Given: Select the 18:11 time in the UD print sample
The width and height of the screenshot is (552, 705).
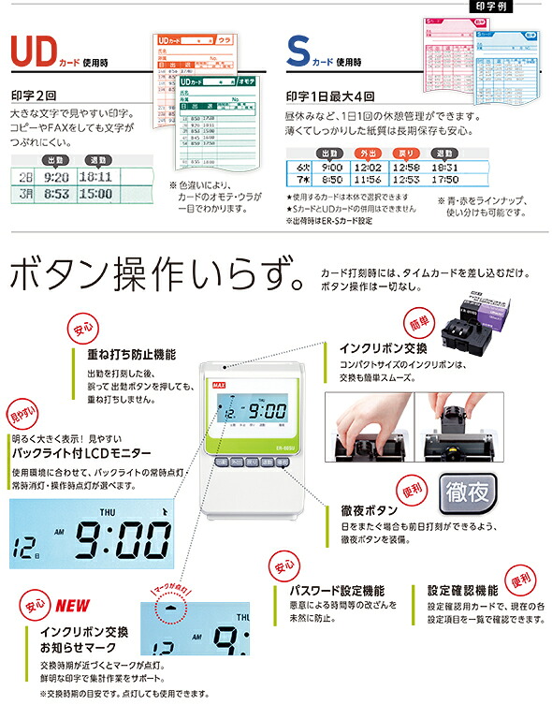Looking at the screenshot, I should pos(95,175).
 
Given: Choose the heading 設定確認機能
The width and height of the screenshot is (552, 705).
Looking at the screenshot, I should pos(462,592).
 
